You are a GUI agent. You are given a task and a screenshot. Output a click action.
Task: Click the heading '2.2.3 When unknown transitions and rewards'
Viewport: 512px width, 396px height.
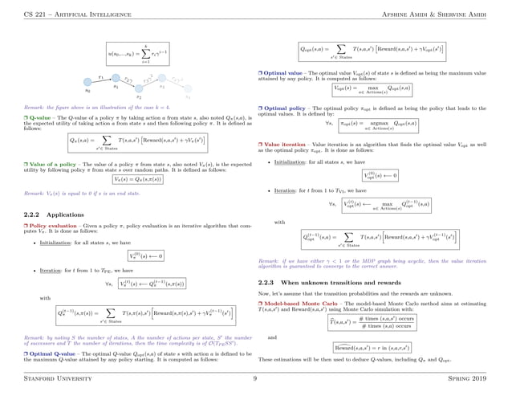click(x=321, y=283)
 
